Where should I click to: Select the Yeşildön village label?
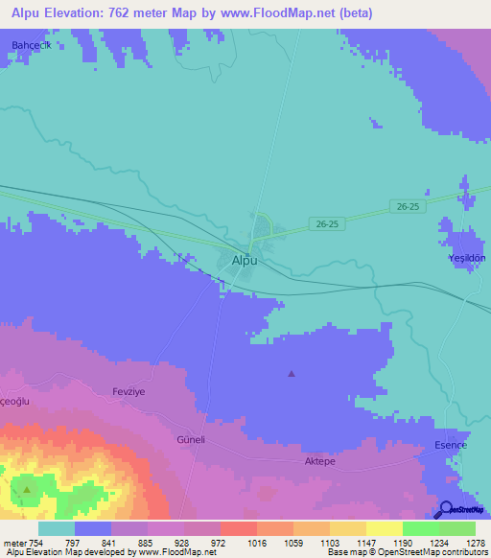[468, 259]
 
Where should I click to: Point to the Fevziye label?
[127, 392]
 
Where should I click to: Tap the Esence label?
[452, 446]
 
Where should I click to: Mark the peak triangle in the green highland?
[27, 490]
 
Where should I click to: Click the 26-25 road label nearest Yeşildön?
[408, 206]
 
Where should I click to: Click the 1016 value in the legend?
[255, 543]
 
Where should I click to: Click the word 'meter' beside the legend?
[13, 543]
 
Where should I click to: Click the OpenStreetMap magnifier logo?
[445, 510]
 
